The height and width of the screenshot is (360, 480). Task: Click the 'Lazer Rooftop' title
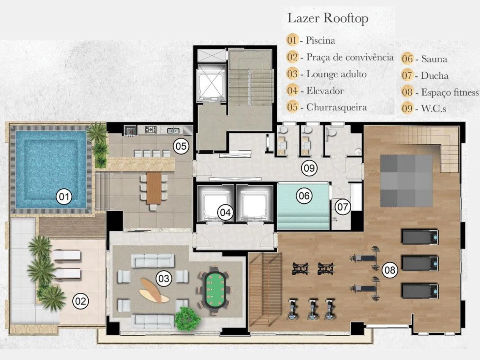pos(328,18)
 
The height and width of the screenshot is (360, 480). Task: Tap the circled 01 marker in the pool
pos(64,197)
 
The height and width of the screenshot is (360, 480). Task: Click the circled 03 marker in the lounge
pos(164,279)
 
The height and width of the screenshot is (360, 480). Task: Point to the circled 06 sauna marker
pos(304,196)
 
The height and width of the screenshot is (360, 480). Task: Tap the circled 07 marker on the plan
pos(342,207)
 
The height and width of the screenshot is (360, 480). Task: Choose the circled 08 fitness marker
pos(390,270)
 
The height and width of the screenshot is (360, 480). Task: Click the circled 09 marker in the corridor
pos(309,168)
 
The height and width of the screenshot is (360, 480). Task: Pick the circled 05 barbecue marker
pos(181,146)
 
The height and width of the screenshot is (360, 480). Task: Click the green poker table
pos(215,290)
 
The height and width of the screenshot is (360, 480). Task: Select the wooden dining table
pos(154,188)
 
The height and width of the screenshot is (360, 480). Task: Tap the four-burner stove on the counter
pos(151,130)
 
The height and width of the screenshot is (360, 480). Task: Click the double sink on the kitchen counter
pos(173,131)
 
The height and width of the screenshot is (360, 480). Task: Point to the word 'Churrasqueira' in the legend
pos(336,107)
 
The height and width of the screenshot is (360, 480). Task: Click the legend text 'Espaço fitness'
pos(450,92)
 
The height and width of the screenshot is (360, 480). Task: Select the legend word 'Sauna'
pos(434,59)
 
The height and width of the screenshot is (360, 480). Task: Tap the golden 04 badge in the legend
pos(292,90)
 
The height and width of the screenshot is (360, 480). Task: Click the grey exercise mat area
pos(406,181)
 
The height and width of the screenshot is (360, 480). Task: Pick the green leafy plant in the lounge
pos(187,318)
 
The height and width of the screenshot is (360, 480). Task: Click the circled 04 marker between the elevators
pos(225,212)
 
